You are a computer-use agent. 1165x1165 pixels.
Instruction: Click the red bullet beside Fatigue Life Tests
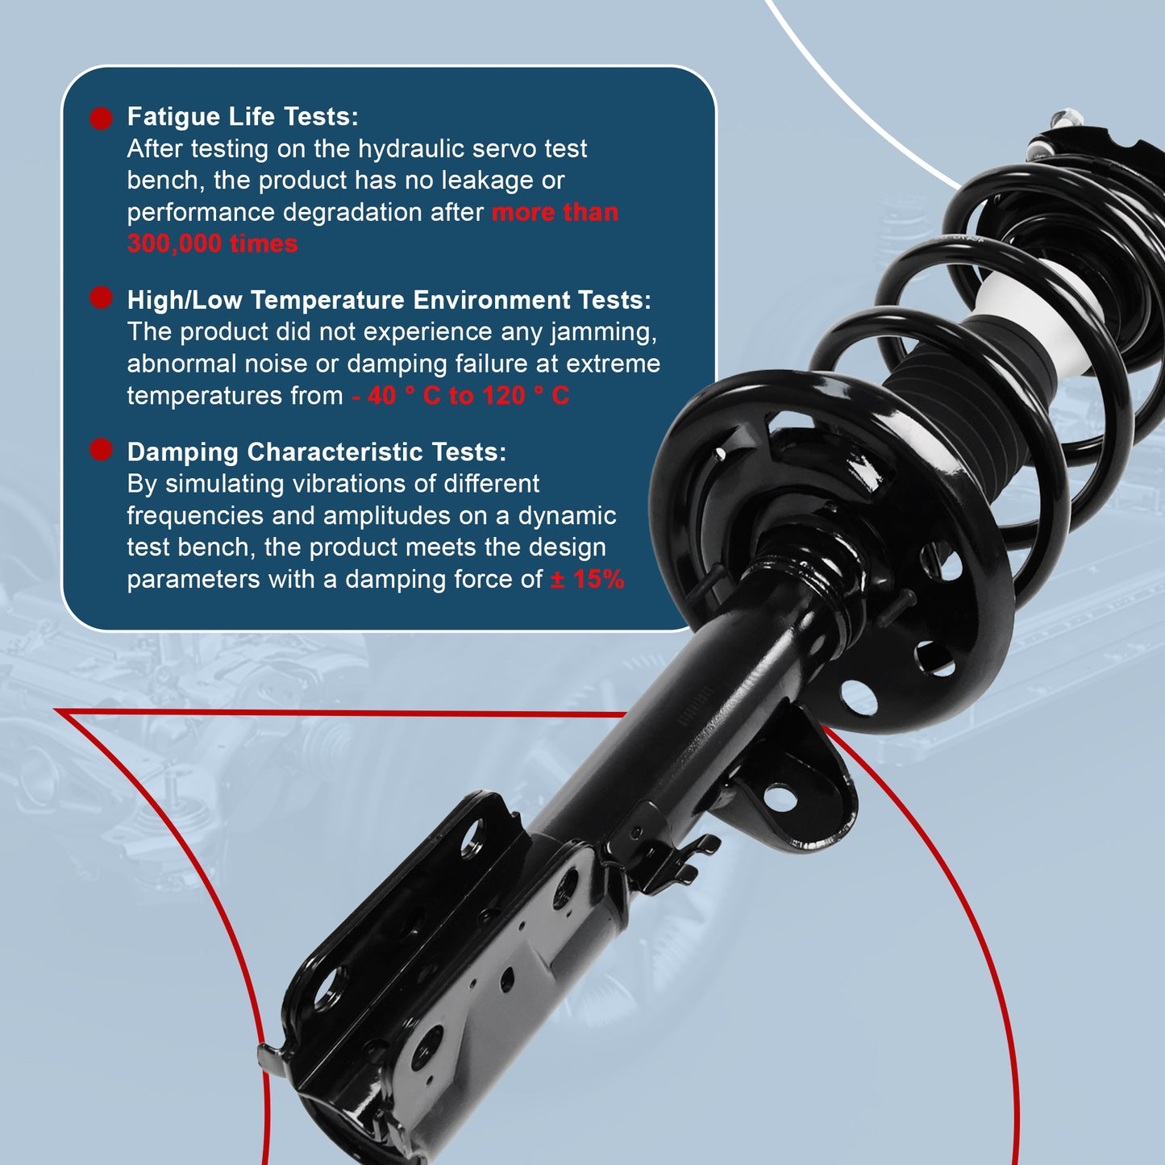pos(101,119)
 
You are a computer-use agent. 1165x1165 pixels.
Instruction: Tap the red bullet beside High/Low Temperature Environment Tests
pos(101,297)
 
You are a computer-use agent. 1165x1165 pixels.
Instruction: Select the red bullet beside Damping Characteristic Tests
pos(101,450)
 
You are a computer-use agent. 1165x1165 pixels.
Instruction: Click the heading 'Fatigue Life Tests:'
pos(243,117)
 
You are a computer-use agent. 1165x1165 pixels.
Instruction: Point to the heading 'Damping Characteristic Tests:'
pos(316,452)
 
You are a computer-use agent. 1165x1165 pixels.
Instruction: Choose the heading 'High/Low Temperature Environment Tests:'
pos(389,300)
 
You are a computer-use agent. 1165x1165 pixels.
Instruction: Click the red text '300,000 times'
pos(212,243)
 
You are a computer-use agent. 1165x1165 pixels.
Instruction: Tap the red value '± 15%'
pos(587,579)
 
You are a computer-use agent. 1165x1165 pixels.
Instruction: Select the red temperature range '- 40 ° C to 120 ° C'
pos(460,396)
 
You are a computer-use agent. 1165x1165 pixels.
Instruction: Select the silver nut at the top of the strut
pos(1066,118)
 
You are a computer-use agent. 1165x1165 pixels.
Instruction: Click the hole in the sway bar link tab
pos(780,798)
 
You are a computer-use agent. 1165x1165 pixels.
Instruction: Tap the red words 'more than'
pos(555,213)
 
